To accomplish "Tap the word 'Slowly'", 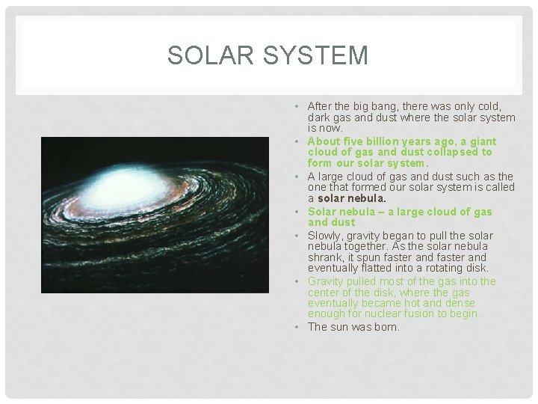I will (x=325, y=236).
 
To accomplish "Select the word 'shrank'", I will (x=325, y=257).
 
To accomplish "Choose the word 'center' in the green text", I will (x=325, y=293).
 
